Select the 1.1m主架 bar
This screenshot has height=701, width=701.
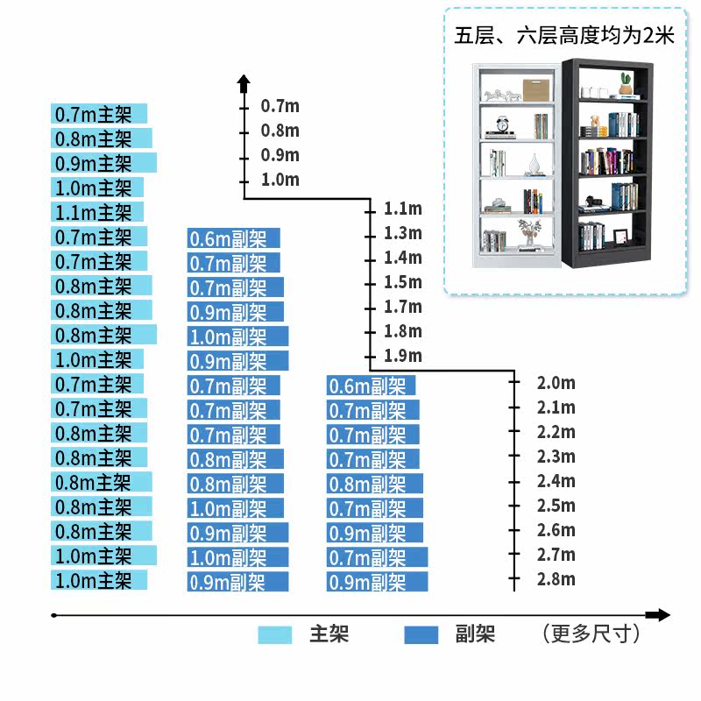pyautogui.click(x=97, y=212)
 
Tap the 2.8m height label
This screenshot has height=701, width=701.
pyautogui.click(x=556, y=579)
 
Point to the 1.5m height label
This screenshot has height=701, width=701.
pyautogui.click(x=402, y=282)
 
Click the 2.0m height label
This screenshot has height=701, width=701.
pyautogui.click(x=556, y=383)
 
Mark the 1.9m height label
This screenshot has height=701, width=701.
pyautogui.click(x=402, y=356)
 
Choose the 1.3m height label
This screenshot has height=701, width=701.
pyautogui.click(x=402, y=233)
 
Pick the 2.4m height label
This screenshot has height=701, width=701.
pyautogui.click(x=556, y=481)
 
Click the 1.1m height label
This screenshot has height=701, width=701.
pyautogui.click(x=402, y=209)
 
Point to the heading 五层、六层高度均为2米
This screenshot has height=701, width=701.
pyautogui.click(x=563, y=36)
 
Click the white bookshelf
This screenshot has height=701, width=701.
pyautogui.click(x=515, y=166)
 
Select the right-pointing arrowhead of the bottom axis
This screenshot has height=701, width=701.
pyautogui.click(x=662, y=615)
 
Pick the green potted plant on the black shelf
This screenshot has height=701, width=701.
pyautogui.click(x=626, y=83)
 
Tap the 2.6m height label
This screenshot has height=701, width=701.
pyautogui.click(x=556, y=530)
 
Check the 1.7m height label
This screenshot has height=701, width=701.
pyautogui.click(x=402, y=307)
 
